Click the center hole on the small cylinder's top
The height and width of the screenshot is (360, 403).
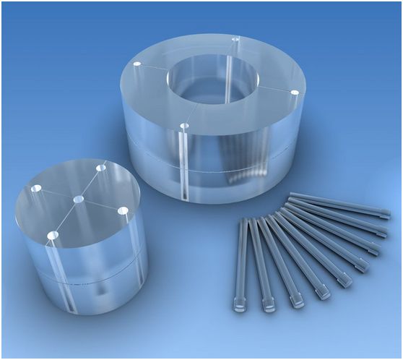click(x=79, y=198)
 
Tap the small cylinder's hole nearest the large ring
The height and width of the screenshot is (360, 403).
click(x=100, y=168)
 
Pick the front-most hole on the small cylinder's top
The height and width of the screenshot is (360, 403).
click(x=52, y=236)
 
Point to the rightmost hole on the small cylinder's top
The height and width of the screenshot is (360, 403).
click(x=123, y=211)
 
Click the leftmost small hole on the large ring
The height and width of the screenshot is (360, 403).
click(x=136, y=64)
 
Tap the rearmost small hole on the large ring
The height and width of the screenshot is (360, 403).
click(x=235, y=38)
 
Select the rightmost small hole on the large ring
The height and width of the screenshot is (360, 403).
click(x=295, y=93)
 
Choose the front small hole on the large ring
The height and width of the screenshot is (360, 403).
click(x=184, y=127)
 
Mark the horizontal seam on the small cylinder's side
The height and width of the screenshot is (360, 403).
click(x=79, y=279)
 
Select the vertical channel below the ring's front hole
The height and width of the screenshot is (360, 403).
click(x=186, y=166)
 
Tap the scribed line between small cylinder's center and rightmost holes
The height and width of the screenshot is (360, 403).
click(x=101, y=205)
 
